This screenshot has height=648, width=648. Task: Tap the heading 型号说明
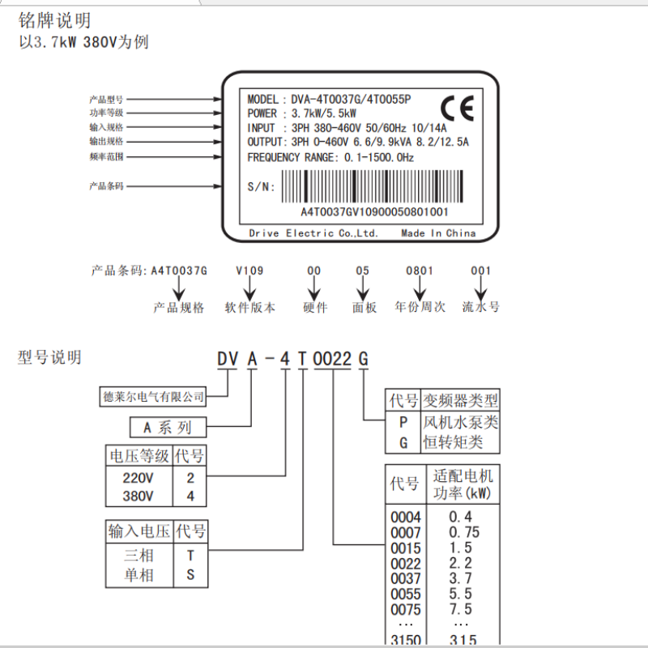(49, 357)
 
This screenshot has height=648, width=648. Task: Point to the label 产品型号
(106, 99)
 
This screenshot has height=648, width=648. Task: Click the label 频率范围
(106, 156)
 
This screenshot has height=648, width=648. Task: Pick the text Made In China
(438, 233)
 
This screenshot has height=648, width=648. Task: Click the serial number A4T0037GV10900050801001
(374, 211)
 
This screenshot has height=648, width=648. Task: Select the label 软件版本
(250, 308)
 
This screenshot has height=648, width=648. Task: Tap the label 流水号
(481, 308)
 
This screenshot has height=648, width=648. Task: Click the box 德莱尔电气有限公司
(154, 397)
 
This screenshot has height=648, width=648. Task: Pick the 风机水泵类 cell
(460, 422)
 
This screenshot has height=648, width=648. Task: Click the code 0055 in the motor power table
(406, 594)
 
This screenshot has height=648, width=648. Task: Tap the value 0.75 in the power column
(464, 532)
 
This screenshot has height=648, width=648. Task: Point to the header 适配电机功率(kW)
(463, 484)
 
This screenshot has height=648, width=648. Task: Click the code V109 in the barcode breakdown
(249, 271)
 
